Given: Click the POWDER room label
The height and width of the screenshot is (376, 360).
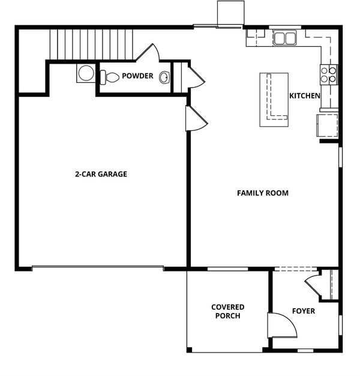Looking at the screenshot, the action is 137,76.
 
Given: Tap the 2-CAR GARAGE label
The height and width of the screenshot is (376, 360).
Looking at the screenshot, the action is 101,174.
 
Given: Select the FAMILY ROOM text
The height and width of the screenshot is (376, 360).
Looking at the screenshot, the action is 263,193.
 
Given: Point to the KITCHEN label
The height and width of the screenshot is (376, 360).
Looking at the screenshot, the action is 305,96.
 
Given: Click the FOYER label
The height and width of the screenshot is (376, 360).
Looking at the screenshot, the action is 304,311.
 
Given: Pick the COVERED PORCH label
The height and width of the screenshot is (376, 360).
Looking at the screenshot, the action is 228,312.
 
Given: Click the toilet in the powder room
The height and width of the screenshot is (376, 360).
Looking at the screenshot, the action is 109,77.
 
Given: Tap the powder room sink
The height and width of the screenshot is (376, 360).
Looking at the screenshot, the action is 164,77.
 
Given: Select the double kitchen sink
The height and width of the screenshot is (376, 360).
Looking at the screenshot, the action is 284,38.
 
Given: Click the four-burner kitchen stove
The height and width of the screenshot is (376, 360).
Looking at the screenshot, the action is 329,74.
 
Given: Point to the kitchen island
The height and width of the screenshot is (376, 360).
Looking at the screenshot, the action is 274,100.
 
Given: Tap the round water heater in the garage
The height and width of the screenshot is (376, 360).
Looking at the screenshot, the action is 86,73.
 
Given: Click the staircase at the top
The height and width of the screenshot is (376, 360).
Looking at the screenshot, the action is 91,44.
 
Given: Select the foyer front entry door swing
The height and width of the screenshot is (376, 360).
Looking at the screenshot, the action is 283,326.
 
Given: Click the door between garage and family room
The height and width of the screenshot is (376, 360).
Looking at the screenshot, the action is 196,118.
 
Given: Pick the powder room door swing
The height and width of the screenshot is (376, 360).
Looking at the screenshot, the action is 148,52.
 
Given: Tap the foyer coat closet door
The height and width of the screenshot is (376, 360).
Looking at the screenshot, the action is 313,285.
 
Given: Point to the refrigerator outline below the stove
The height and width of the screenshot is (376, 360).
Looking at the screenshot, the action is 328,126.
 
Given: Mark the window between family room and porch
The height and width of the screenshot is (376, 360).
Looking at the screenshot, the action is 227,269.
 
